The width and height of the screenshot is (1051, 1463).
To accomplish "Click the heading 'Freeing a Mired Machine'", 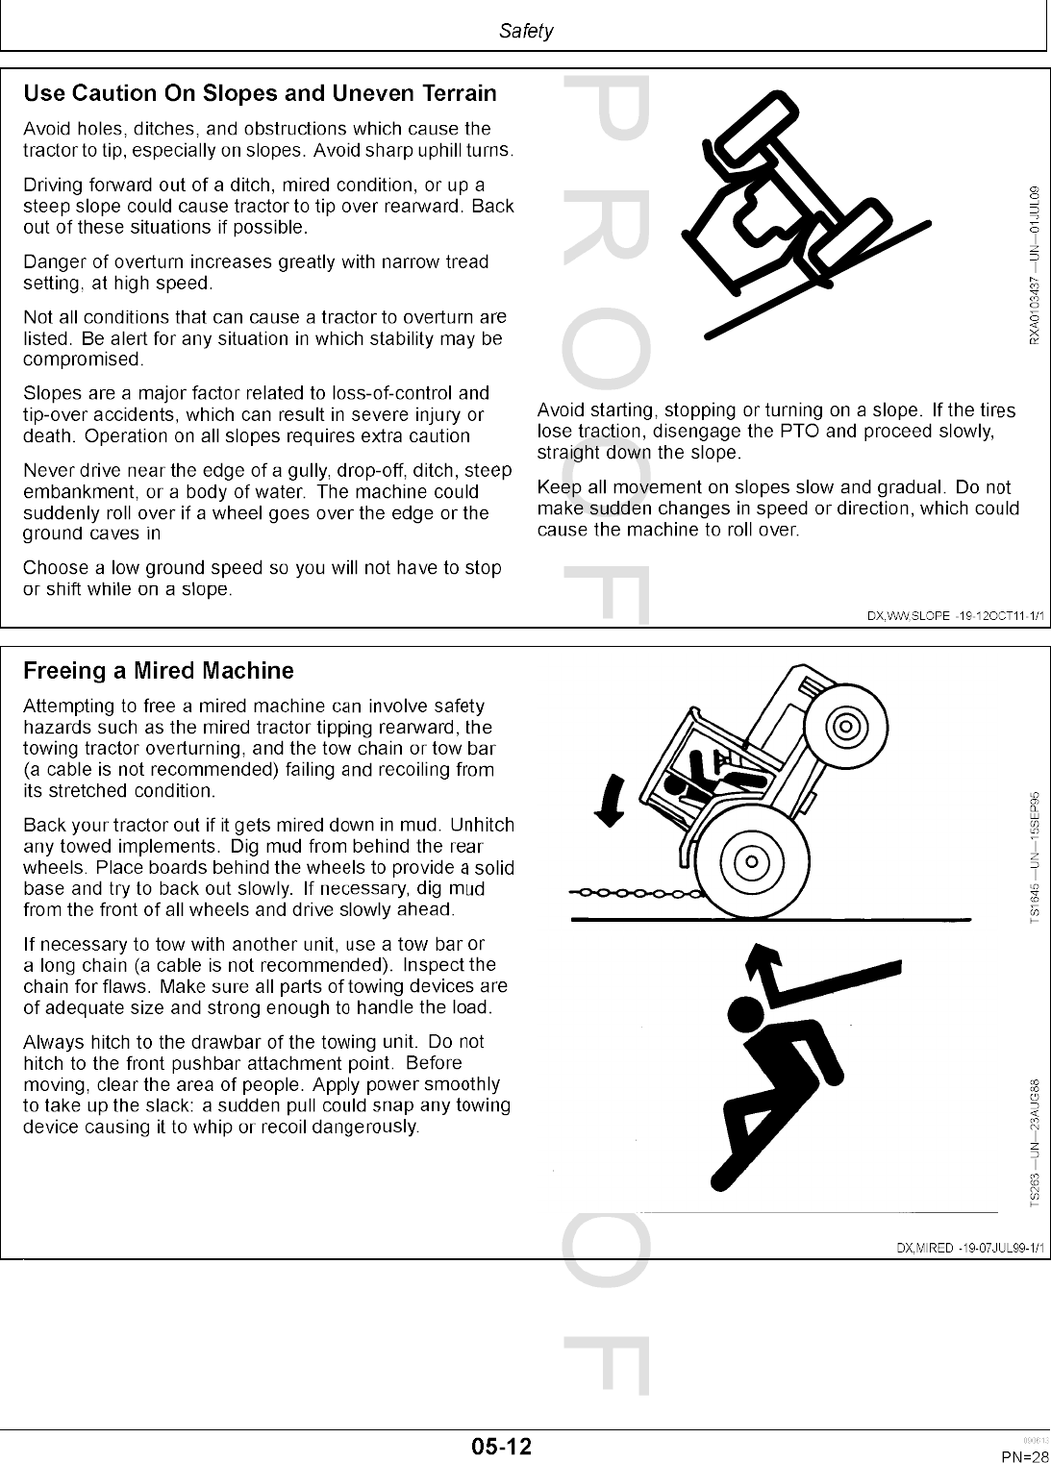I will (159, 671).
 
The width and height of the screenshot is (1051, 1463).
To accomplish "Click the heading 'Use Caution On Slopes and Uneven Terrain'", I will (260, 94).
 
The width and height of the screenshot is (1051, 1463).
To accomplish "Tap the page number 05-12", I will (501, 1446).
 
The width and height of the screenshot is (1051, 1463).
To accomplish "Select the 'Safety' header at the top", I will (526, 32).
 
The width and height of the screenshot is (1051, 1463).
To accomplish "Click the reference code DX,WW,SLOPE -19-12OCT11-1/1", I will (955, 615).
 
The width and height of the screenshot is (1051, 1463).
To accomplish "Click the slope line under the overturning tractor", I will (817, 280).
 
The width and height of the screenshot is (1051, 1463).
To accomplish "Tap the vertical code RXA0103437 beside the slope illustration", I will (1034, 265).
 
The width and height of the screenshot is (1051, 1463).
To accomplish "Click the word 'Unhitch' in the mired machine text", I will (482, 826).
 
